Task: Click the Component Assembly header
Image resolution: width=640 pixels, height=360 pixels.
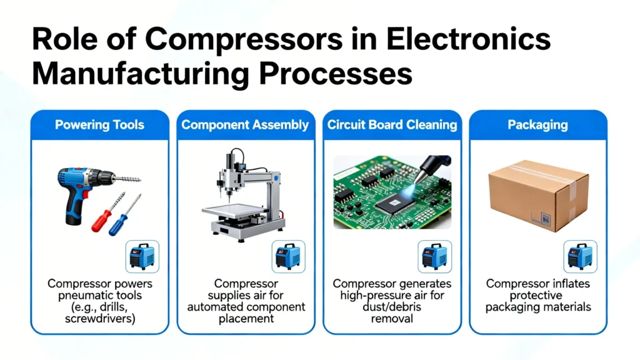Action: point(245,124)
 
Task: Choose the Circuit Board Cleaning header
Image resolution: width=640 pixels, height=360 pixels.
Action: point(392,124)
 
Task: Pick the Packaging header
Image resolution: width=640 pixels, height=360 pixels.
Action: point(537,124)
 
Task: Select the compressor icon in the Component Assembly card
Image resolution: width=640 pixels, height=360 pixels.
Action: point(289,256)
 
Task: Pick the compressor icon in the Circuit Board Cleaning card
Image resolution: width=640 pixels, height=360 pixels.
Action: point(434,256)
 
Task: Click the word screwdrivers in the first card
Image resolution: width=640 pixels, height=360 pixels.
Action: point(100,319)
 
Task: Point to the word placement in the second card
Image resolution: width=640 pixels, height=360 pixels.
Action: point(244,319)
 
